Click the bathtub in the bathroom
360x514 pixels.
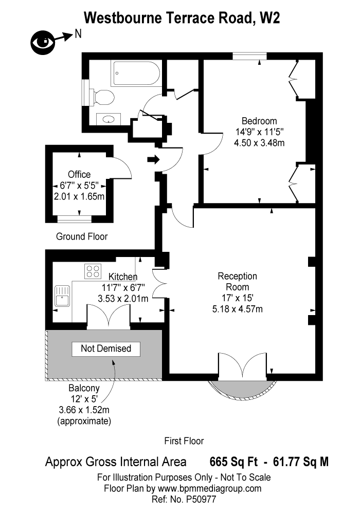tap(136, 74)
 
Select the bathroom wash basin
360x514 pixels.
tap(109, 119)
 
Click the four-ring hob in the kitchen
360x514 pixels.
tap(93, 271)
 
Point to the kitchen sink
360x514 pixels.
tap(62, 296)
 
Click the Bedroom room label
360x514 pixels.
tap(259, 121)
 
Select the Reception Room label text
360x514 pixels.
tap(238, 282)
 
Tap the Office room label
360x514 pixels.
tap(79, 174)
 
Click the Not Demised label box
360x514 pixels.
tap(106, 349)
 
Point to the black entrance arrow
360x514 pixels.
tap(153, 160)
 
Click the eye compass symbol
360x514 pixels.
tap(43, 43)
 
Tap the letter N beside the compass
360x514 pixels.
tap(78, 33)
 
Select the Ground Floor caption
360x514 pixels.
tap(82, 236)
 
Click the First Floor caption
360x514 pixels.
tap(184, 441)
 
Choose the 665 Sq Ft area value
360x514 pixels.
tap(233, 462)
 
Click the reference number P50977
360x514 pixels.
tap(201, 499)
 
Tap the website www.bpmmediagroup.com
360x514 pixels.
tap(209, 488)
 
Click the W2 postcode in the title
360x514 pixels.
tap(270, 17)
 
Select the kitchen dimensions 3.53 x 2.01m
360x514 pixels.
tap(123, 299)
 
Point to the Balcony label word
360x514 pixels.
tap(84, 389)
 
